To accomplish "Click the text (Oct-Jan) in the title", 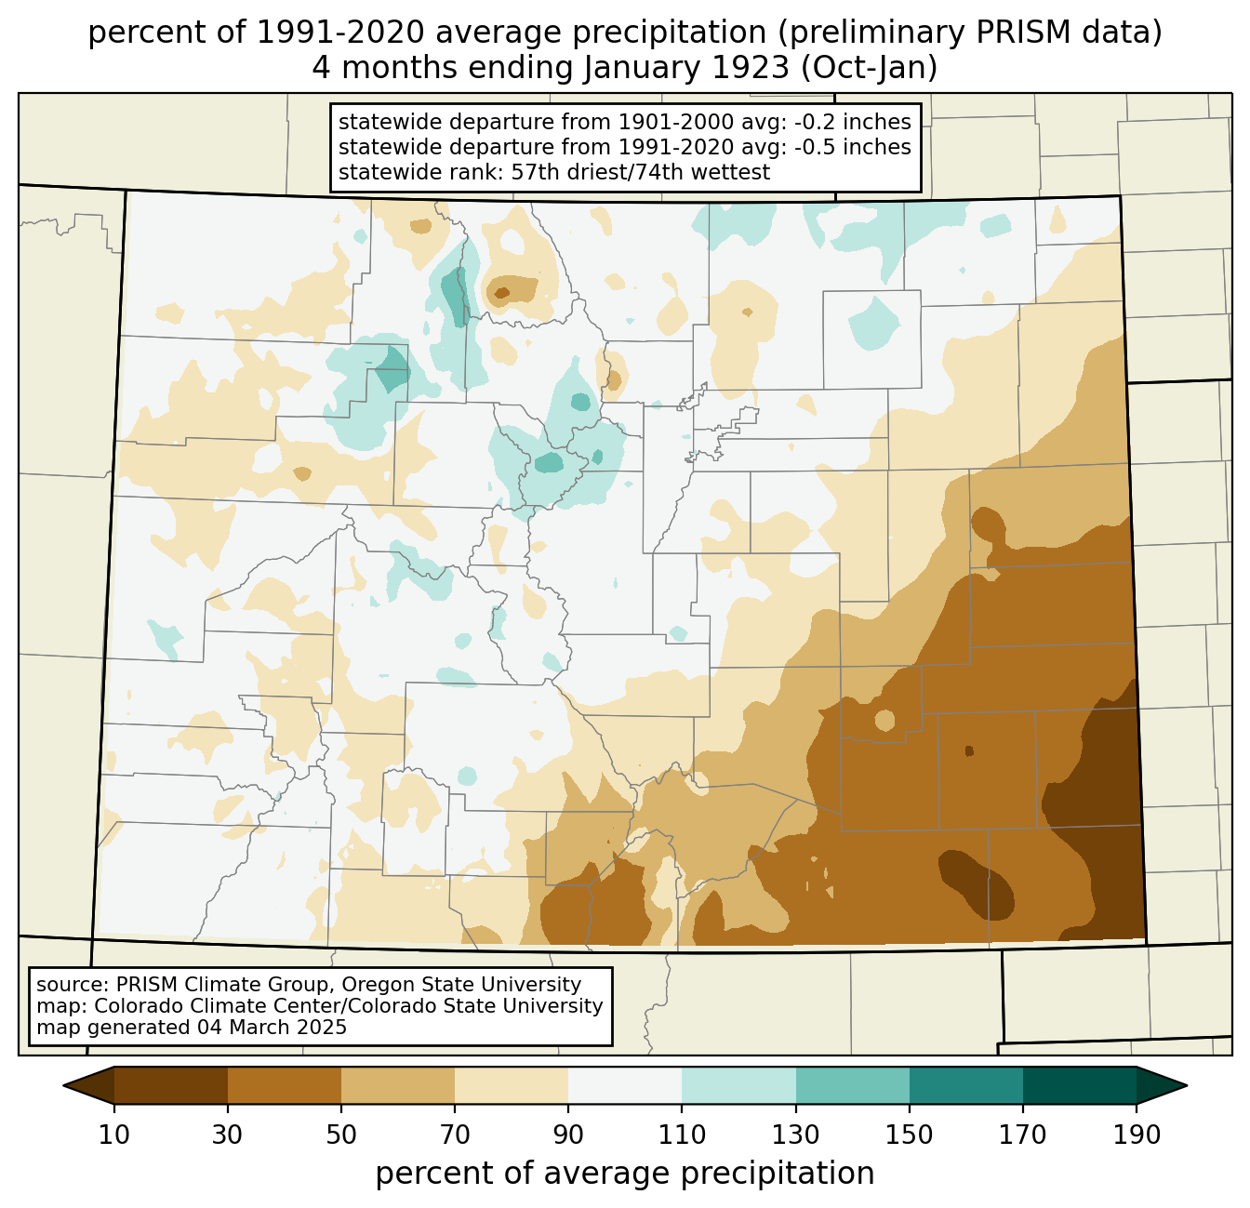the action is tap(869, 68).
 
